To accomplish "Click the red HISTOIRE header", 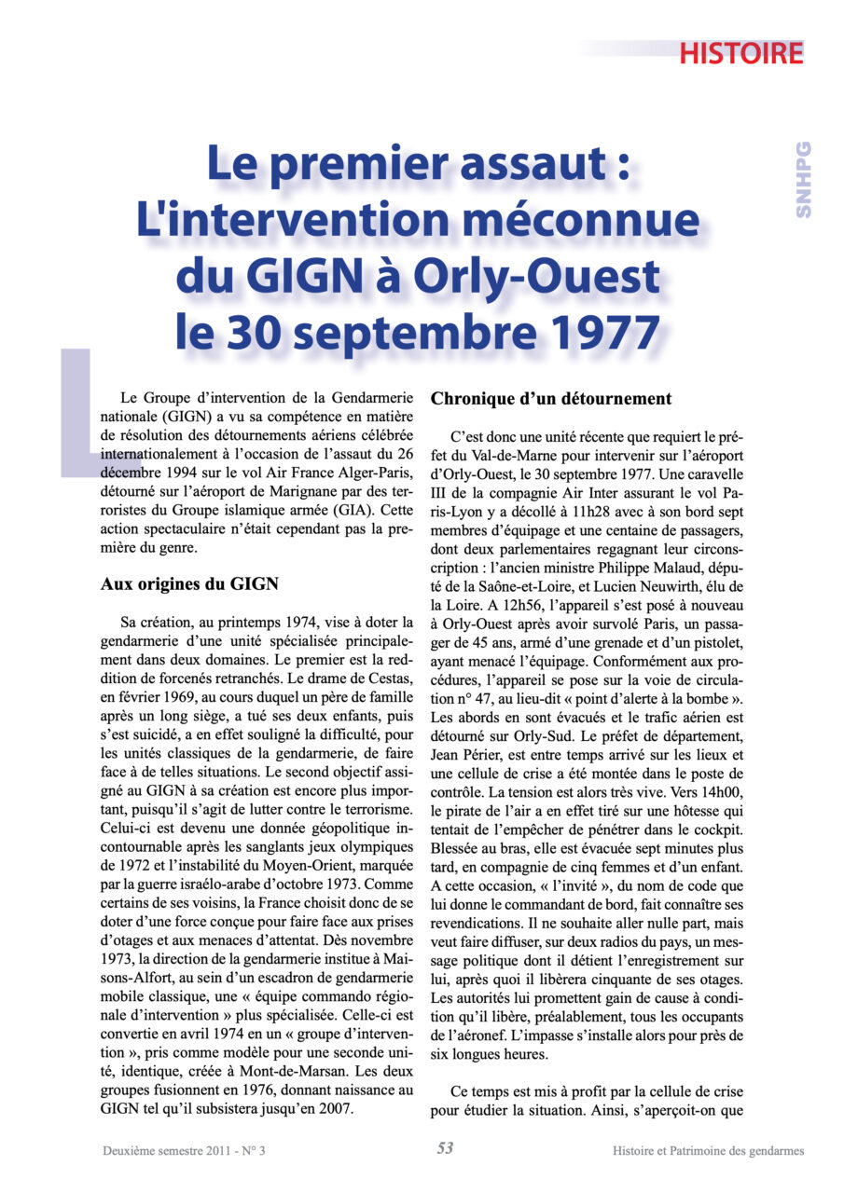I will click(x=740, y=53).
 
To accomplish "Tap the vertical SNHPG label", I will click(x=803, y=180).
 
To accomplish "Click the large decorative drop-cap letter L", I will click(x=82, y=410).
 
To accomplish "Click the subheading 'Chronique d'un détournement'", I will click(x=550, y=399).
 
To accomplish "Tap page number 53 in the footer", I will click(x=445, y=1148).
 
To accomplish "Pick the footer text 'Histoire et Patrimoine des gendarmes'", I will click(x=708, y=1150).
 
